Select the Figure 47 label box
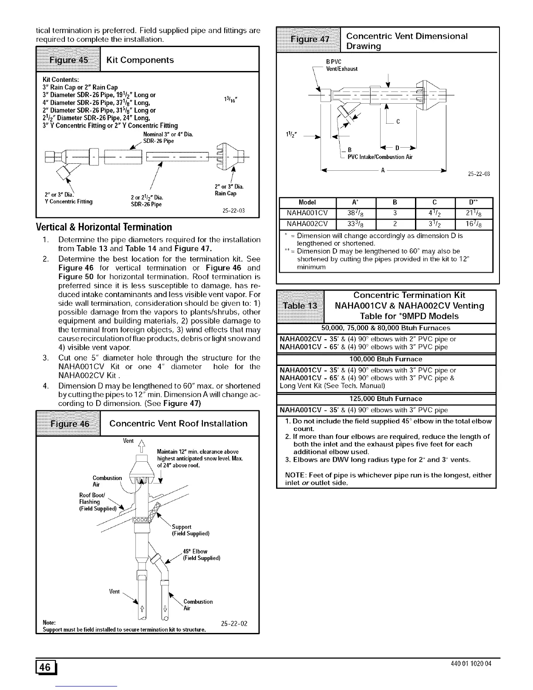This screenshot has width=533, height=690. click(310, 40)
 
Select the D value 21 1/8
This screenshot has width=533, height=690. click(473, 213)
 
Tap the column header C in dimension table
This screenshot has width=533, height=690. click(435, 203)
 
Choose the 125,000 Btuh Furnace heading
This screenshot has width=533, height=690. click(386, 399)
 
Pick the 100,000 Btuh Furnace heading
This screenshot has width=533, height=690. click(386, 359)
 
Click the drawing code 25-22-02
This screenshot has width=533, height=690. click(234, 623)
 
